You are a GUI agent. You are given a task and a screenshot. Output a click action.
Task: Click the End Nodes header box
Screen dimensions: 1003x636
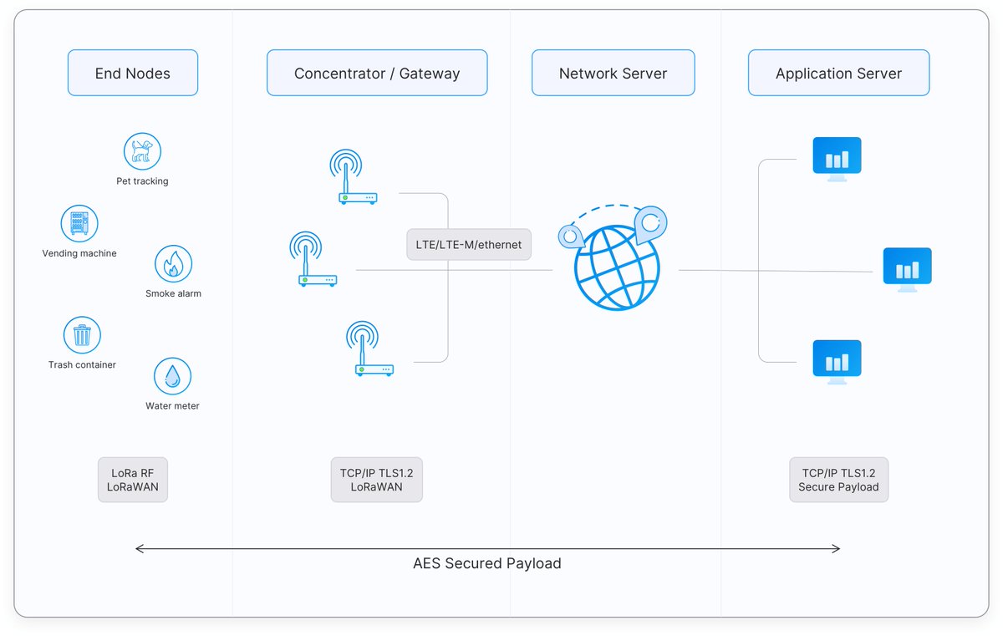[x=133, y=73]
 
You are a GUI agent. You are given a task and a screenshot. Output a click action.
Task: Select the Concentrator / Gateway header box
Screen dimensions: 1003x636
[x=377, y=73]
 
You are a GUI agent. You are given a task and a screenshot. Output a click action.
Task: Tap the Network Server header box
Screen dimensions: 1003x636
[x=613, y=73]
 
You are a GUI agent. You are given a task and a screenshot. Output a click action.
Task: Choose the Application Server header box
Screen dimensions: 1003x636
[x=838, y=73]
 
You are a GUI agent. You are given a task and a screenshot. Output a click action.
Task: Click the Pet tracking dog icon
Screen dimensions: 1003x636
[x=142, y=151]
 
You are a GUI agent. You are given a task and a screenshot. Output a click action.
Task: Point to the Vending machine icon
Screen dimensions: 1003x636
[x=79, y=223]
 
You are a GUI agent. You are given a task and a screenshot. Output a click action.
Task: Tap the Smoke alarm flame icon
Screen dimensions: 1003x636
[x=173, y=263]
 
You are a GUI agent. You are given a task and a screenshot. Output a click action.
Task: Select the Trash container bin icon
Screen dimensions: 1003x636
[x=82, y=335]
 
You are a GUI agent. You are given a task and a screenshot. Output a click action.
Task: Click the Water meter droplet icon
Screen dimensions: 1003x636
[x=172, y=376]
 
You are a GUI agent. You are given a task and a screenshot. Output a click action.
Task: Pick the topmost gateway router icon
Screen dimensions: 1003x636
[x=353, y=177]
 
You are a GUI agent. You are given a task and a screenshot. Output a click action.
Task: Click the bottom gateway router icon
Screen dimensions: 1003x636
[x=369, y=349]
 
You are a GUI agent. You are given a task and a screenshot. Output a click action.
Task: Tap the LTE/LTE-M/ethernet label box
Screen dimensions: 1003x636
[x=469, y=244]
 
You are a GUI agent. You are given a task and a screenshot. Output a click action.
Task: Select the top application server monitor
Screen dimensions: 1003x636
[x=837, y=160]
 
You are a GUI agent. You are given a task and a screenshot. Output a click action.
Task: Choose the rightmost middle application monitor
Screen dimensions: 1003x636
[x=907, y=270]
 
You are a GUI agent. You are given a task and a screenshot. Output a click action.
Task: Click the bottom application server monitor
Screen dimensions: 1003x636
[x=837, y=362]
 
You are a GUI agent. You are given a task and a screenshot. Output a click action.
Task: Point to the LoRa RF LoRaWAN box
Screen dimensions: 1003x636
[x=133, y=480]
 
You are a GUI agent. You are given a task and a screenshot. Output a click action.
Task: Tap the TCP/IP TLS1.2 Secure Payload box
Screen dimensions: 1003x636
[x=838, y=480]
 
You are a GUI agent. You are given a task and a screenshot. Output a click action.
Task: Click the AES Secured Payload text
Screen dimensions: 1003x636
[x=487, y=563]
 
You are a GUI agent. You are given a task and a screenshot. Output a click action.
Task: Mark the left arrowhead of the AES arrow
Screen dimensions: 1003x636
[x=136, y=549]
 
